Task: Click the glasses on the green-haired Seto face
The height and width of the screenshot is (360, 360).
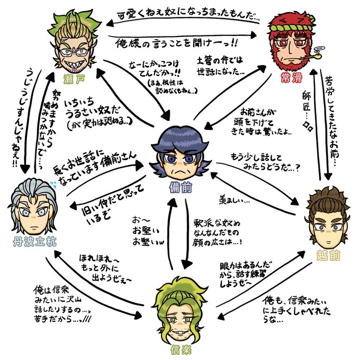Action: [x=74, y=51]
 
